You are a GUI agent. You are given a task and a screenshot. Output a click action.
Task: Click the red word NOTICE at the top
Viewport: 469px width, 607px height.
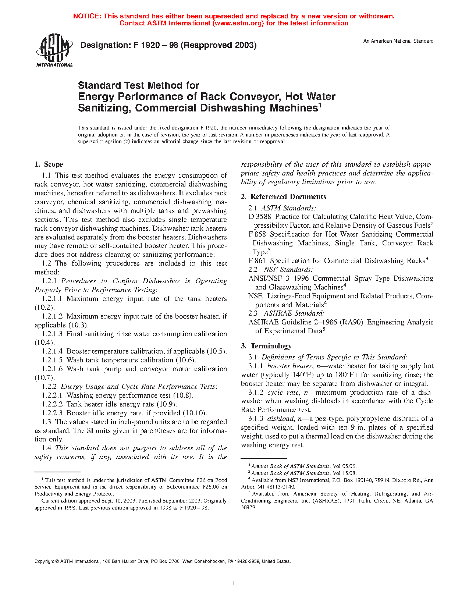(87, 16)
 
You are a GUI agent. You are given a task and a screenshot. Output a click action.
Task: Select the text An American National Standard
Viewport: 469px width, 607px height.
(398, 41)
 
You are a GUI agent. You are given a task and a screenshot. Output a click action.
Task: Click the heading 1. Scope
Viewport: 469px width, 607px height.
(49, 164)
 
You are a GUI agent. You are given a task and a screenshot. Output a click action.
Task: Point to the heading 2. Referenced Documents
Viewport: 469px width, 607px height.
(284, 197)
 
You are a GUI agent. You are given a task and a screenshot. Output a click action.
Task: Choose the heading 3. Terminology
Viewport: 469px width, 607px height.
(266, 346)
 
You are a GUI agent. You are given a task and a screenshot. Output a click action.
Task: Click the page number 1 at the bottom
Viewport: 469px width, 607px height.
(234, 583)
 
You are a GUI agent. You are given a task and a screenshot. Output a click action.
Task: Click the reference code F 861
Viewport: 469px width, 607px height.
(257, 261)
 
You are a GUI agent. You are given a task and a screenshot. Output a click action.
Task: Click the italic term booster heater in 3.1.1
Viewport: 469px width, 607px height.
(289, 366)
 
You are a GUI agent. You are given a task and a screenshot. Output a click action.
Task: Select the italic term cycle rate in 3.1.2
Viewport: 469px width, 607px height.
(283, 393)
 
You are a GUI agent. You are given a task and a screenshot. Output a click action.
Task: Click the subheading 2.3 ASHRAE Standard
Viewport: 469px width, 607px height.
(287, 313)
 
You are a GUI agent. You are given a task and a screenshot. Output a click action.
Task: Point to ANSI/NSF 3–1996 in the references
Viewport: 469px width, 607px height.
(279, 278)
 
